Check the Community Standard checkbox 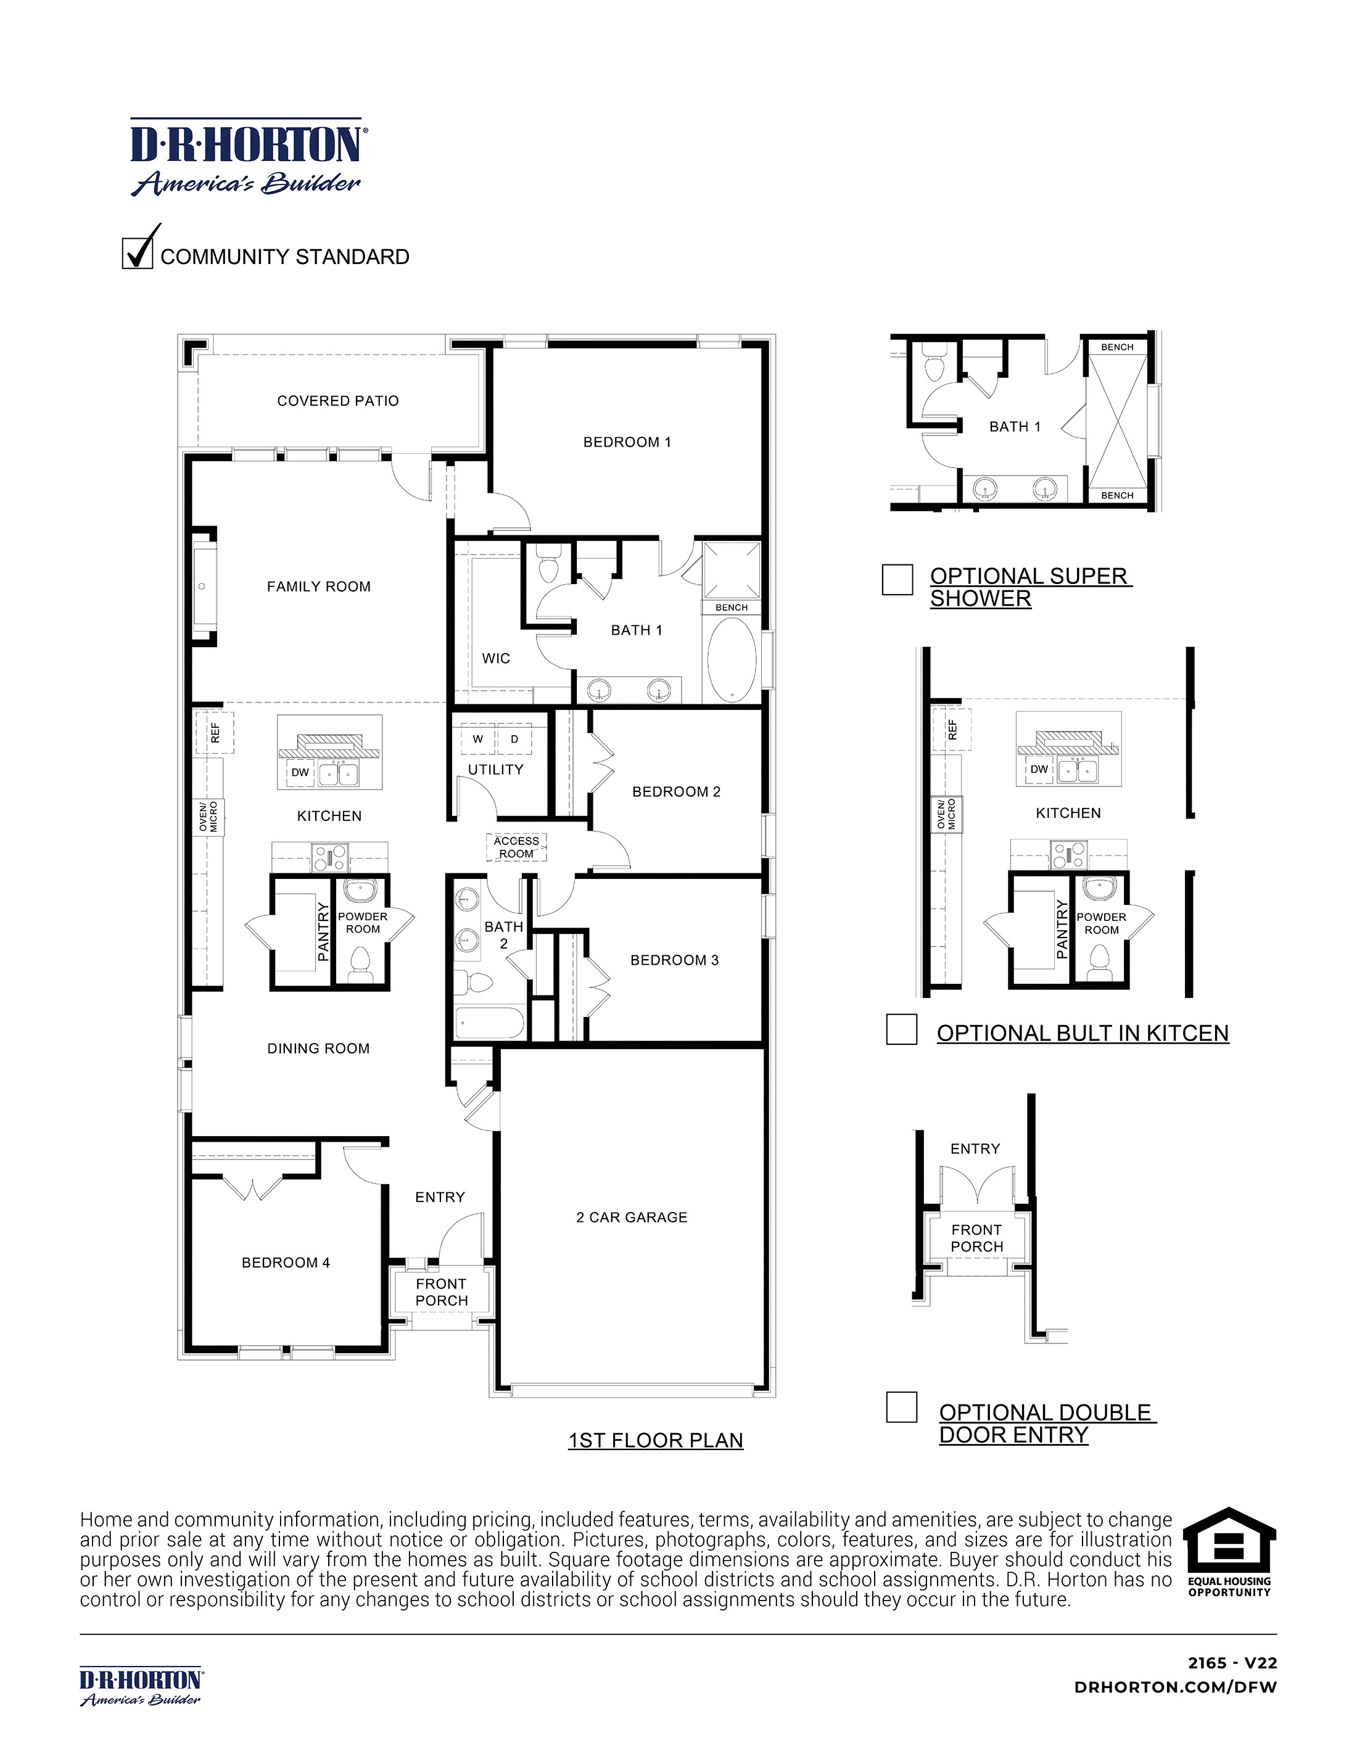pyautogui.click(x=138, y=254)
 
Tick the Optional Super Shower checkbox pyautogui.click(x=897, y=579)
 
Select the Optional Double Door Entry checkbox pyautogui.click(x=901, y=1407)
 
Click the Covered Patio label pyautogui.click(x=337, y=400)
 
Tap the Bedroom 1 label pyautogui.click(x=627, y=442)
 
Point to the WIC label pyautogui.click(x=496, y=657)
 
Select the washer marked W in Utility pyautogui.click(x=478, y=739)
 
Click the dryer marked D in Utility pyautogui.click(x=514, y=739)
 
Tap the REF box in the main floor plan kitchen pyautogui.click(x=215, y=732)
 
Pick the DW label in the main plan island pyautogui.click(x=300, y=772)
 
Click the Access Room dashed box pyautogui.click(x=516, y=847)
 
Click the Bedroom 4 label pyautogui.click(x=286, y=1263)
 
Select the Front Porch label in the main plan pyautogui.click(x=442, y=1292)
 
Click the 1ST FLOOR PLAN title pyautogui.click(x=655, y=1440)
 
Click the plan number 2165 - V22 pyautogui.click(x=1232, y=1663)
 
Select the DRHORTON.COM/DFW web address pyautogui.click(x=1175, y=1687)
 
